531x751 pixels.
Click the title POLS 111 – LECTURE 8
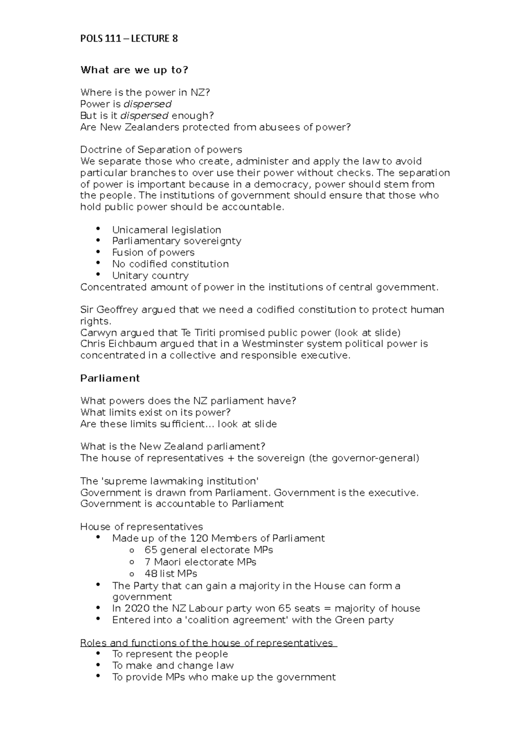129,38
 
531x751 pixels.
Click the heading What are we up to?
134,70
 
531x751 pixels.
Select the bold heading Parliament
110,378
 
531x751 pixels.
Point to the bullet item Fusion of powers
153,253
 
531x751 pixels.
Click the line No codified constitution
170,264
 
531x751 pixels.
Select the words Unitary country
150,276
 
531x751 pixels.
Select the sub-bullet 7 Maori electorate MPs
200,562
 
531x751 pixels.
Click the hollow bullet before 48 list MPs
131,574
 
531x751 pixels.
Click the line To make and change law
173,666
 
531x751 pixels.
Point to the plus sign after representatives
230,458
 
